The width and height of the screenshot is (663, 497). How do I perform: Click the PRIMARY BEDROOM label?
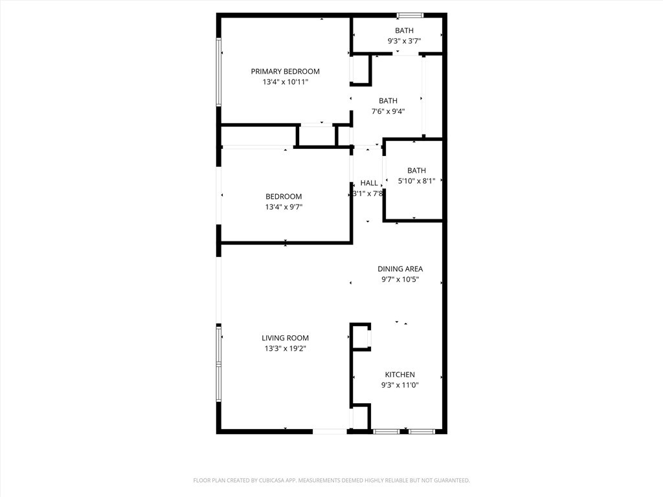pos(285,71)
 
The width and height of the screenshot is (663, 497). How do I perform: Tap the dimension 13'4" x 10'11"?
pos(285,82)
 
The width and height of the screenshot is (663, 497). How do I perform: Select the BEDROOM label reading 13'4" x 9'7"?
pos(284,197)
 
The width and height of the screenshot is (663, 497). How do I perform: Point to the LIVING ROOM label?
pos(285,338)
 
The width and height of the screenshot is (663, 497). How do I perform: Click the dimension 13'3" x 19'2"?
pos(285,349)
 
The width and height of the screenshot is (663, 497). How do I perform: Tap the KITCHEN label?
pos(399,375)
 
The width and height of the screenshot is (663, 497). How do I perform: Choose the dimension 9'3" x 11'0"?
pos(399,385)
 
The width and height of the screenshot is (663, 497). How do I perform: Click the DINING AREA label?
pos(399,269)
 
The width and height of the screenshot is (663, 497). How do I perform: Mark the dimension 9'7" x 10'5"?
pos(399,280)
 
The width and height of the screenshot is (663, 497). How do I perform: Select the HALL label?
pos(369,183)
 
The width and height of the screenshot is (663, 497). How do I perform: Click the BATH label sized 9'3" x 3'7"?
pos(404,30)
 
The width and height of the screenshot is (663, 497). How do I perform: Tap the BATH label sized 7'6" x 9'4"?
pos(388,100)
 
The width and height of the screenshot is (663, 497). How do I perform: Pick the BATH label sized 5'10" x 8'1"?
pos(416,171)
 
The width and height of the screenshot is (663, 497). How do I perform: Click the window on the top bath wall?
pos(410,15)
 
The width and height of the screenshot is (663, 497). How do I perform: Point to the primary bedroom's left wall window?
pos(219,71)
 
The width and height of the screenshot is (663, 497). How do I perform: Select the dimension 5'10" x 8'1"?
pos(416,181)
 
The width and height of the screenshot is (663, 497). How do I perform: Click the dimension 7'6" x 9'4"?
pos(388,111)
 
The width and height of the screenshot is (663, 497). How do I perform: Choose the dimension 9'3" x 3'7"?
pos(404,41)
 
